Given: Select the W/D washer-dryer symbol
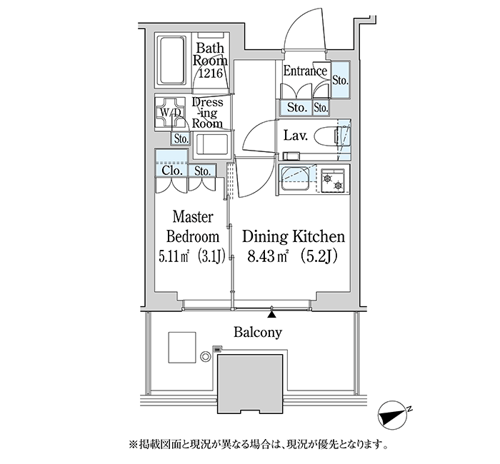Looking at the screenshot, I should [x=172, y=112].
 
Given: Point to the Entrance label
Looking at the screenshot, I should [x=305, y=71].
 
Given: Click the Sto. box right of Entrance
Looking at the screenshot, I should [x=341, y=80].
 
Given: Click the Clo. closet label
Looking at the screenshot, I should [x=171, y=171].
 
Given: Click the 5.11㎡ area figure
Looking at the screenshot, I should [x=172, y=256].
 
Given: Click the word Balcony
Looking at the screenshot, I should [x=258, y=332].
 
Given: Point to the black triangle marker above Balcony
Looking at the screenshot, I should [x=271, y=313].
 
